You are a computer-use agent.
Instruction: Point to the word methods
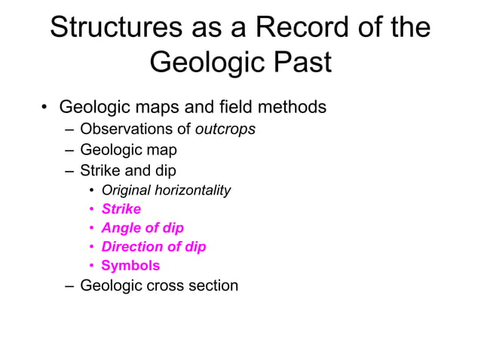293,107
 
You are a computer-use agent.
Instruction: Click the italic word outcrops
225,129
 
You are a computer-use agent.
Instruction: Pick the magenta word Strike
121,209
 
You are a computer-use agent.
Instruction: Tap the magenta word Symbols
130,265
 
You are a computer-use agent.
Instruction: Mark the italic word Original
126,190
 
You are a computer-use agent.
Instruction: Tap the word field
239,107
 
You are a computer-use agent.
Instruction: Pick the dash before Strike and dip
69,170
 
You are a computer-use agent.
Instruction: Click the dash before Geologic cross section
69,286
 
